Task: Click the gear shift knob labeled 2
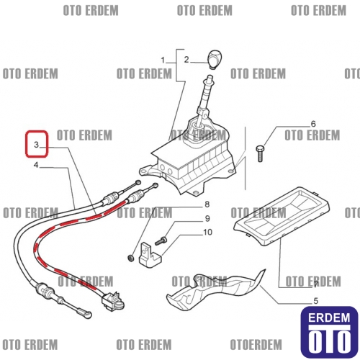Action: (215, 60)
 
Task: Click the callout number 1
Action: (163, 60)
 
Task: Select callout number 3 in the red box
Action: (36, 145)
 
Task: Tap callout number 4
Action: (36, 165)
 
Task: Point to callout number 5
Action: (316, 301)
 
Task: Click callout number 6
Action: (313, 124)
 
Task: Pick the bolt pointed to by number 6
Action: (260, 153)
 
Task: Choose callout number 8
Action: (207, 204)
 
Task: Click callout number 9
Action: (207, 219)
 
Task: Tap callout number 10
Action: (208, 233)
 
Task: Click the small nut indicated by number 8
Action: (130, 258)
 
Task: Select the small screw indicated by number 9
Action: (161, 240)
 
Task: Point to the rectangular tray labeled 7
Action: (282, 217)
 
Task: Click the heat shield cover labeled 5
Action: (215, 291)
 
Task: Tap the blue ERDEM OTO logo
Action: (329, 332)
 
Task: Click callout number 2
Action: (186, 60)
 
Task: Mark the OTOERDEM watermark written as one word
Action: (256, 345)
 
